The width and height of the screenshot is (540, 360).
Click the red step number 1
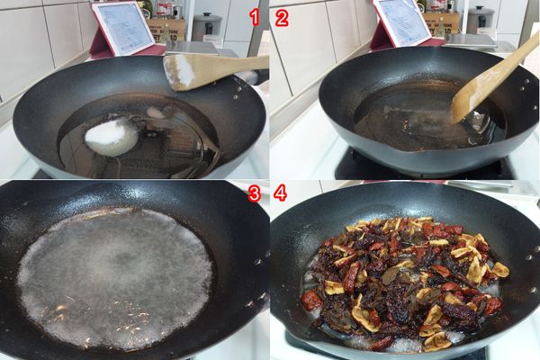(x=254, y=16)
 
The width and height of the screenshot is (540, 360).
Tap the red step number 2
(x=282, y=17)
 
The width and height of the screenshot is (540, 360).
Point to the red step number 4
(x=281, y=193)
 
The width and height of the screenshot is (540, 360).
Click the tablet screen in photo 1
(x=121, y=23)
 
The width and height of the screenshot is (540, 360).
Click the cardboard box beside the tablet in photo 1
(x=166, y=27)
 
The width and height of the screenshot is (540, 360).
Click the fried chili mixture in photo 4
(x=405, y=279)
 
